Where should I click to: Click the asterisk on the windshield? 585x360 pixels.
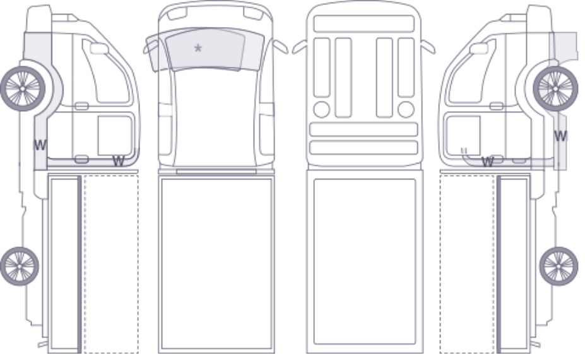pyautogui.click(x=198, y=48)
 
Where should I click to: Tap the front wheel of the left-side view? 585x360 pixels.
pyautogui.click(x=23, y=88)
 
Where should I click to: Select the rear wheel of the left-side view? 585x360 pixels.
pyautogui.click(x=20, y=266)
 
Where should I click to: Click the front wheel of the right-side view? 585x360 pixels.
pyautogui.click(x=555, y=88)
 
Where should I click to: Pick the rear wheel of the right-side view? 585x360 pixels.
pyautogui.click(x=558, y=266)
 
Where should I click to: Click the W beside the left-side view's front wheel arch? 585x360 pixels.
pyautogui.click(x=40, y=145)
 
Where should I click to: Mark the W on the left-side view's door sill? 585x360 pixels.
pyautogui.click(x=118, y=161)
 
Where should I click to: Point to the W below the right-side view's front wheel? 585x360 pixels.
pyautogui.click(x=560, y=136)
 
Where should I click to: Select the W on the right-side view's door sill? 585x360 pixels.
pyautogui.click(x=488, y=162)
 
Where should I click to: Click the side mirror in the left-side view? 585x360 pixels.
pyautogui.click(x=99, y=49)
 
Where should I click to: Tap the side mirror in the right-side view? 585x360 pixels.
pyautogui.click(x=479, y=49)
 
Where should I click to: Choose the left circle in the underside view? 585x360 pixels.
pyautogui.click(x=322, y=109)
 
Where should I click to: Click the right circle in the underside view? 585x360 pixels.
pyautogui.click(x=406, y=109)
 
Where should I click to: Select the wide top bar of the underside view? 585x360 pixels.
pyautogui.click(x=363, y=24)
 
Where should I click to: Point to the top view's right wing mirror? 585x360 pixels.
pyautogui.click(x=281, y=47)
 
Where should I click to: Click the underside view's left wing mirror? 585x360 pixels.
pyautogui.click(x=300, y=47)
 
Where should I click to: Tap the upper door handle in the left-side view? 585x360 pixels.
pyautogui.click(x=81, y=106)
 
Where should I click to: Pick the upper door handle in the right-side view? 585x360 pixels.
pyautogui.click(x=496, y=106)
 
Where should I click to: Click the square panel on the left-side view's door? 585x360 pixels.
pyautogui.click(x=115, y=136)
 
